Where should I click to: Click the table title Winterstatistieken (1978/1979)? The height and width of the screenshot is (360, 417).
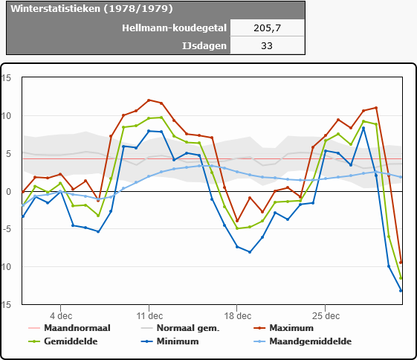(x=91, y=9)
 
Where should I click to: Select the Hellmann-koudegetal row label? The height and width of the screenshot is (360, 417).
(x=174, y=28)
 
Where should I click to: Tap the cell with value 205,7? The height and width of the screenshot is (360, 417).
(x=268, y=28)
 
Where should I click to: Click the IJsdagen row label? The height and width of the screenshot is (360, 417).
(x=204, y=46)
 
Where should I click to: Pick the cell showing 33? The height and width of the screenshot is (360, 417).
(x=267, y=46)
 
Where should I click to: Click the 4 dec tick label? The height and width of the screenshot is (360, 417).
(x=61, y=316)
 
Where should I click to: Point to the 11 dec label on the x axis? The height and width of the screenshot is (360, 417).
(x=149, y=316)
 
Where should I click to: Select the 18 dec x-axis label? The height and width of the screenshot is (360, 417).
(x=237, y=316)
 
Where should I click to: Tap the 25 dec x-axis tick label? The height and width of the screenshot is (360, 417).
(x=326, y=316)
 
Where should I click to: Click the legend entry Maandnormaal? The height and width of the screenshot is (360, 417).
(x=69, y=328)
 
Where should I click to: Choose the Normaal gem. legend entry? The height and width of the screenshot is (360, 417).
(x=180, y=328)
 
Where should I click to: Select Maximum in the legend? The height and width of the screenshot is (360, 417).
(x=284, y=328)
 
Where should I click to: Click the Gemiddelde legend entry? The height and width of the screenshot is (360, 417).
(x=62, y=341)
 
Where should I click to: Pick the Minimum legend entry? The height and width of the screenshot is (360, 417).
(x=169, y=341)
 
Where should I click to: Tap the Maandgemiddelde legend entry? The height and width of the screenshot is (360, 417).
(x=303, y=341)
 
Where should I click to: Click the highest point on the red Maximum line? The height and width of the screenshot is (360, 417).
(x=149, y=100)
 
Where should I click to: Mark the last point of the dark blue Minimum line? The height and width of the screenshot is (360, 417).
(x=401, y=291)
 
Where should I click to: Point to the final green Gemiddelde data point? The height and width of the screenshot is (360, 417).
(x=401, y=278)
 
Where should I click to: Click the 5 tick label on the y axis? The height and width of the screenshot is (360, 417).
(x=8, y=154)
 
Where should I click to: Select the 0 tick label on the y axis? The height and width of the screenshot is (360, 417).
(x=8, y=192)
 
